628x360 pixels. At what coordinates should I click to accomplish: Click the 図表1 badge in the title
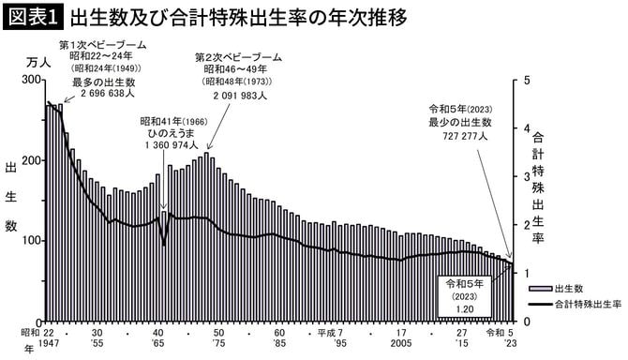(x=33, y=18)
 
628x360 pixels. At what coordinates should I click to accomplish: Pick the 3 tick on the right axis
(x=528, y=177)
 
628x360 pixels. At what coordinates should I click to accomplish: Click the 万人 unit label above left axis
(x=32, y=60)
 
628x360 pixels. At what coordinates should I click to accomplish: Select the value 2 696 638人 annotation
(x=102, y=94)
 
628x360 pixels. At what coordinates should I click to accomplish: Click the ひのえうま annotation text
(x=169, y=133)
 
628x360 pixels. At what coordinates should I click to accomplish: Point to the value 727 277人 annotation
(x=465, y=136)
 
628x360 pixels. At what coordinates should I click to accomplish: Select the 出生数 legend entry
(x=571, y=288)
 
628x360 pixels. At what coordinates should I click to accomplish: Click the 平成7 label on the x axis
(x=333, y=333)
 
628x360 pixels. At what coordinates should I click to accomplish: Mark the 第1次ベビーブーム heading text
(x=100, y=45)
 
